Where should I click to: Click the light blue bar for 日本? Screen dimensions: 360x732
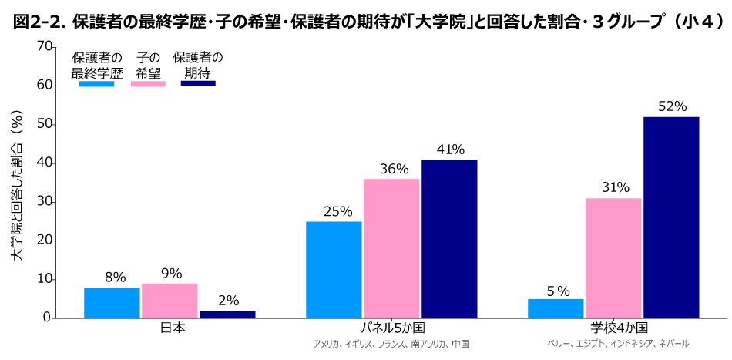point(112,302)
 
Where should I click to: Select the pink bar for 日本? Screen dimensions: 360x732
point(170,301)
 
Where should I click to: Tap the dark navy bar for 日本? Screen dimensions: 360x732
point(227,314)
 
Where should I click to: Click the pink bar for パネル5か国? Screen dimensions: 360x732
point(391,248)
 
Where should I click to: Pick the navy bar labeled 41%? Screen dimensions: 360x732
point(449,239)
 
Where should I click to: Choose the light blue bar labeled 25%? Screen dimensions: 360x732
point(334,270)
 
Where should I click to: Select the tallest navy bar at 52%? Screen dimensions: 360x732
point(671,217)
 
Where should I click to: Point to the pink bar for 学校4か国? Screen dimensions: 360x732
point(613,258)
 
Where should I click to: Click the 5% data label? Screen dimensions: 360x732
point(557,291)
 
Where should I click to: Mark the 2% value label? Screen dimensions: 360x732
point(228,301)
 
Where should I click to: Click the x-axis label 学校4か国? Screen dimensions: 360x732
point(614,328)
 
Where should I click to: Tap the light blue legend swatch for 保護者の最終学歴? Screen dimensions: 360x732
point(96,83)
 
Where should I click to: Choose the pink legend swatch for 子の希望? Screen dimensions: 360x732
point(148,83)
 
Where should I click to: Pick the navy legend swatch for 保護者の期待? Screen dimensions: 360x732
point(198,83)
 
